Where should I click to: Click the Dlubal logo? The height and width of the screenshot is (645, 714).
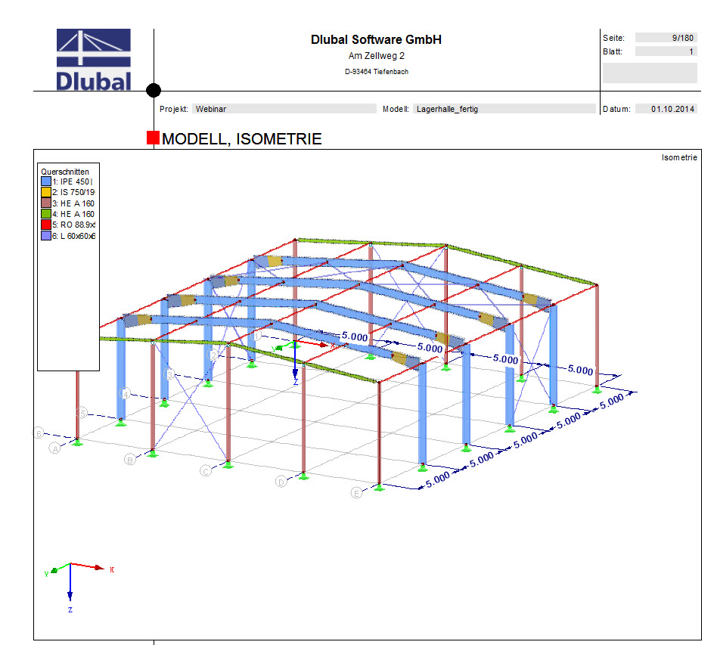(94, 60)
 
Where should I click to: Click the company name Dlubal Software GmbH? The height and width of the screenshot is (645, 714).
(376, 40)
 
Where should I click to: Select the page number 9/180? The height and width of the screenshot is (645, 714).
(681, 37)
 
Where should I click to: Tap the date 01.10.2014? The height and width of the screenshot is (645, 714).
(672, 109)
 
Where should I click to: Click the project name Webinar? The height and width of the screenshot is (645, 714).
(211, 109)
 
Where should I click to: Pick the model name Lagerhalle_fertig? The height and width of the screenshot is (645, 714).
(447, 109)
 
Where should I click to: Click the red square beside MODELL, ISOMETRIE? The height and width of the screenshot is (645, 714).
(153, 138)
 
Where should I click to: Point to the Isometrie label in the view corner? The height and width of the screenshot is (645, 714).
(678, 157)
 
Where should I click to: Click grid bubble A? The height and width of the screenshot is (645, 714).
(54, 448)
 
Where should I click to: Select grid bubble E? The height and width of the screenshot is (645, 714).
(357, 493)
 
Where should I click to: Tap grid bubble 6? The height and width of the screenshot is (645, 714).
(37, 433)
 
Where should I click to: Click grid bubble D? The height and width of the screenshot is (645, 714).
(281, 482)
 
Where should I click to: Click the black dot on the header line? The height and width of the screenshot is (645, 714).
(154, 91)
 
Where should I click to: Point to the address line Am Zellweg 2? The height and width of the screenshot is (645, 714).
(376, 57)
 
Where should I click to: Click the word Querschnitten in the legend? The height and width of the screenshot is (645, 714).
(64, 171)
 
